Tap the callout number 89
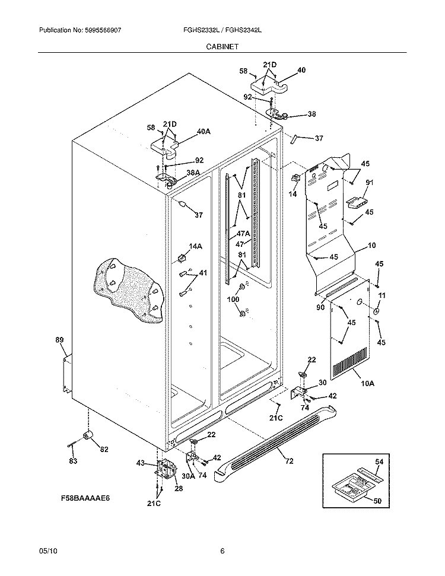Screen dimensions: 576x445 tap(59, 340)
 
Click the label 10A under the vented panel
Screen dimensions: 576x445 tap(367, 384)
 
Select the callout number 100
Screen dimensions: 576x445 tap(234, 300)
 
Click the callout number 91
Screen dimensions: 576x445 tap(369, 183)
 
